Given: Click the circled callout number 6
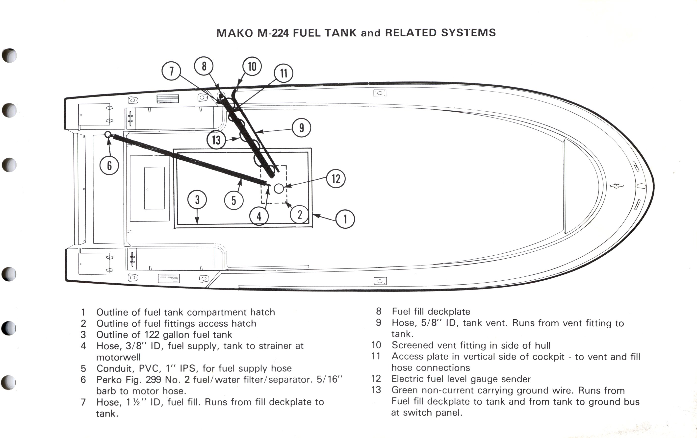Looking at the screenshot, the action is click(109, 166).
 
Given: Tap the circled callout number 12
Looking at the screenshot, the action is click(336, 178).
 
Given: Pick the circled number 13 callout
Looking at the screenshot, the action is click(216, 140).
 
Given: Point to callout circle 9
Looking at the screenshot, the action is click(301, 128).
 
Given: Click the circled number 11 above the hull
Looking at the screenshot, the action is click(283, 73).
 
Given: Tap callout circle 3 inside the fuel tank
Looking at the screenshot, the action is click(197, 200).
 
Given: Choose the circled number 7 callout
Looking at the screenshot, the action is click(171, 71).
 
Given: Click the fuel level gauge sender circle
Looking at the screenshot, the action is click(279, 189).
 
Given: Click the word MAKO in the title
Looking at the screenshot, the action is click(235, 33).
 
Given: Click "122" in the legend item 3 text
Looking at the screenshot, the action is click(152, 335).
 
